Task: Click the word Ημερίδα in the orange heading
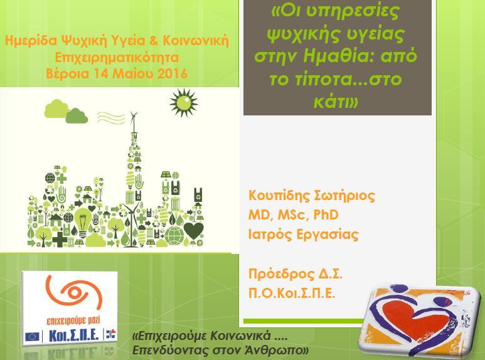tap(31, 41)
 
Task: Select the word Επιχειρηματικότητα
tap(117, 58)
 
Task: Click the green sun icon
tap(184, 103)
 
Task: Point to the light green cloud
tap(56, 109)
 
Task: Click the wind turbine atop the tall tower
tap(134, 122)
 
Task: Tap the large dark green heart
tap(194, 230)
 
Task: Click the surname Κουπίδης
tap(279, 196)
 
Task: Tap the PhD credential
tap(326, 214)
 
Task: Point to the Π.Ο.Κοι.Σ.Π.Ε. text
tap(292, 293)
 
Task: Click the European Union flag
tap(32, 336)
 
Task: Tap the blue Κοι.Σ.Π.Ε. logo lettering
tap(74, 335)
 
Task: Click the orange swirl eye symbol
tap(74, 293)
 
